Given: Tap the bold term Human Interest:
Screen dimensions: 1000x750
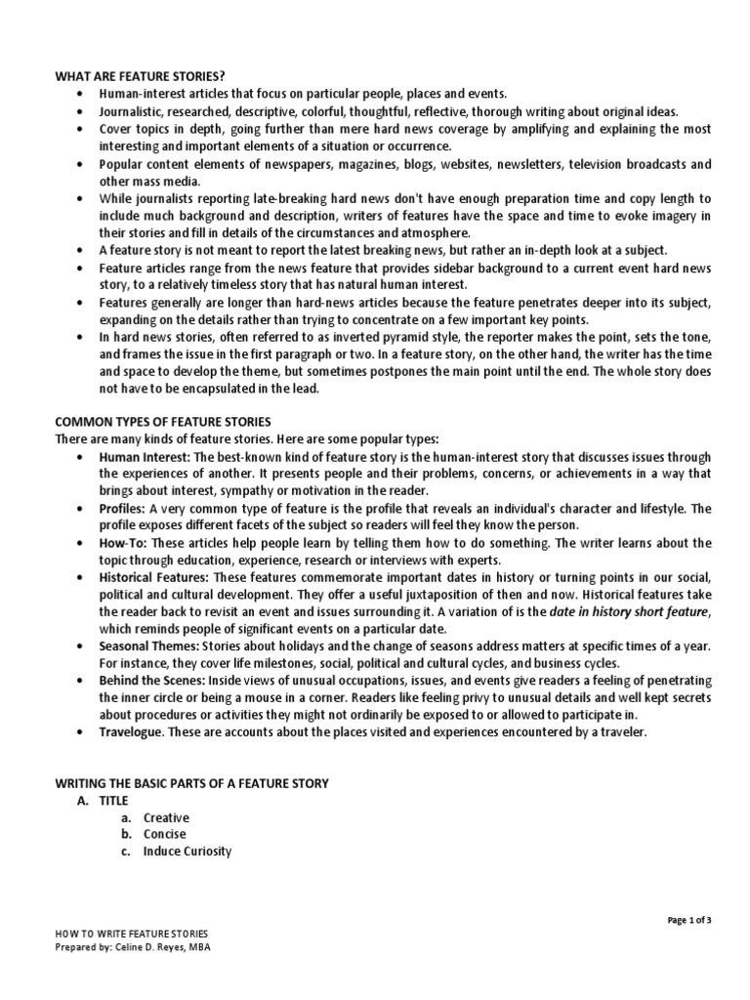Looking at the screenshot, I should point(145,456).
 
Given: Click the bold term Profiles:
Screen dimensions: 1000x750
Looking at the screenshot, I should point(122,509).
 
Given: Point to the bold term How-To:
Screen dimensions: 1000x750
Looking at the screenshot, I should point(124,543).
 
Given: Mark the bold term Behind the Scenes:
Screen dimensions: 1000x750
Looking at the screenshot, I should point(150,680).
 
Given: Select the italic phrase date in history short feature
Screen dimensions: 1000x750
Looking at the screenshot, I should point(627,612).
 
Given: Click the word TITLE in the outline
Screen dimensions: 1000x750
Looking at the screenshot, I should point(113,800).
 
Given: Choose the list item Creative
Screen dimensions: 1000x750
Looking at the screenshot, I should point(166,817).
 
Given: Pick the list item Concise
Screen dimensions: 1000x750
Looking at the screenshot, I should point(165,834).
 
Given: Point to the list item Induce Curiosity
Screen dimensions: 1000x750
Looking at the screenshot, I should point(187,851).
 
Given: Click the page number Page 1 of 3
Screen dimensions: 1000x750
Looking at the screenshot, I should point(690,920).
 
